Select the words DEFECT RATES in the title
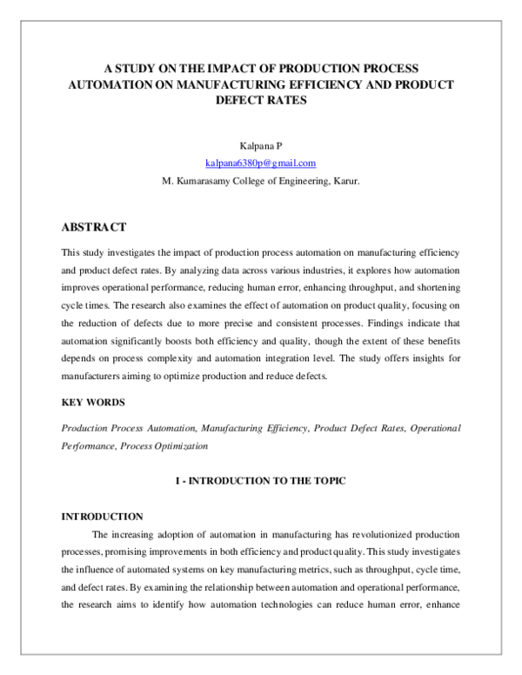260,100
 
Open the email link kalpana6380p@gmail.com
260,164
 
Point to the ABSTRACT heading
94,227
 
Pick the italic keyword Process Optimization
164,445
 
